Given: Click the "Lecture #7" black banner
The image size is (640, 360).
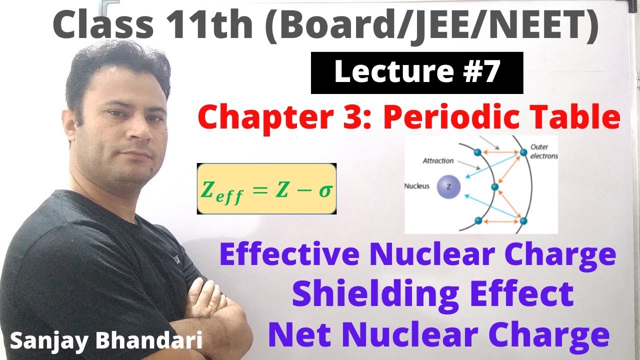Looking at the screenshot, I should point(416,73).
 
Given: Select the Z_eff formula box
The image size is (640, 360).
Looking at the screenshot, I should point(266,188).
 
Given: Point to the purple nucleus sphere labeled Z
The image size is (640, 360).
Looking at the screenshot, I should point(448,187).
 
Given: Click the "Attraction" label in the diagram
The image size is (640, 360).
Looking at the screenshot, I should point(438,161).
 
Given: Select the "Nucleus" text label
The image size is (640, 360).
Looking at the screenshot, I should point(417,186).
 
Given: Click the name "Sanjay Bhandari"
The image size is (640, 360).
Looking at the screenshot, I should point(106,341).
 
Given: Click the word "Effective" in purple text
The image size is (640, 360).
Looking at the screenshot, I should point(289,255).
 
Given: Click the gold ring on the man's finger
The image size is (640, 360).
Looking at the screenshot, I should point(213,304).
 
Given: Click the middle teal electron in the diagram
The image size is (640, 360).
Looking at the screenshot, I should point(495,187).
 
